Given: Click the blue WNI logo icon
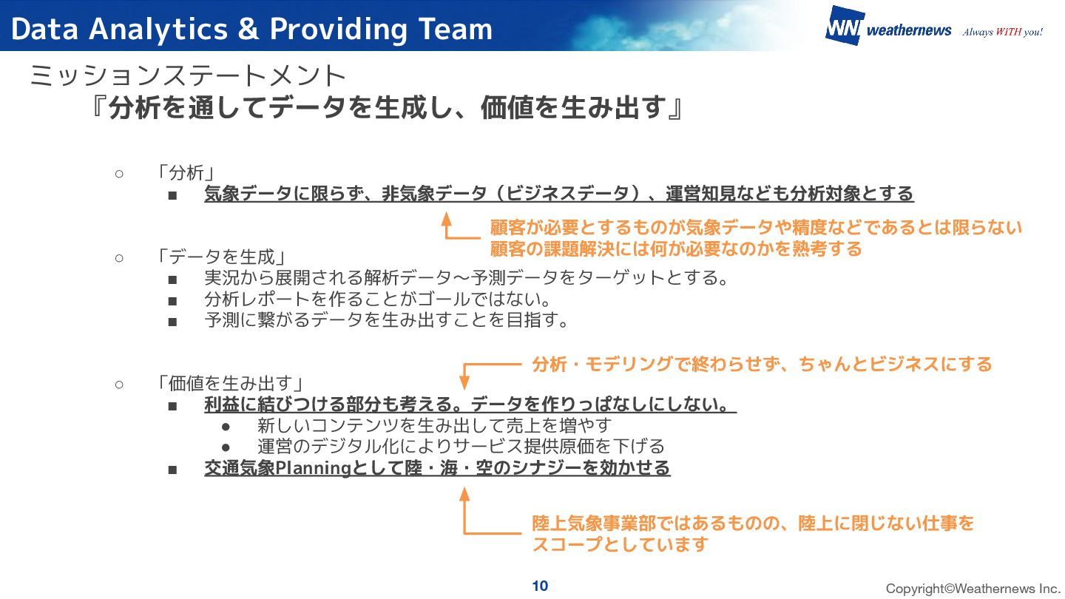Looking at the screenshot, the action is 844,26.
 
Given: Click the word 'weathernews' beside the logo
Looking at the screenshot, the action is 909,31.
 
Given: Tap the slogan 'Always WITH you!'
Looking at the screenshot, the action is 1002,32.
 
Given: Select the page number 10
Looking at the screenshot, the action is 540,586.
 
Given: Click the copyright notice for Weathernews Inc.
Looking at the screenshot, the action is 973,589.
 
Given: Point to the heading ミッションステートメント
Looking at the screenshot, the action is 189,75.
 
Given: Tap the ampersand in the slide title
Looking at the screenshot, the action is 249,30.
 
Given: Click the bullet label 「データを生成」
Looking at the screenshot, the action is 220,257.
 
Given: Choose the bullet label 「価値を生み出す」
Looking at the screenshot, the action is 230,384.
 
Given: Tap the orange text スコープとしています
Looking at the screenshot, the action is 621,545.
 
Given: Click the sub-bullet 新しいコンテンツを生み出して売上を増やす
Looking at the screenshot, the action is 435,426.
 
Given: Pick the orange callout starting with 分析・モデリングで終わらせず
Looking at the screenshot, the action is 762,364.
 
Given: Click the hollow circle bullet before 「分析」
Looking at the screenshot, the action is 118,173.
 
